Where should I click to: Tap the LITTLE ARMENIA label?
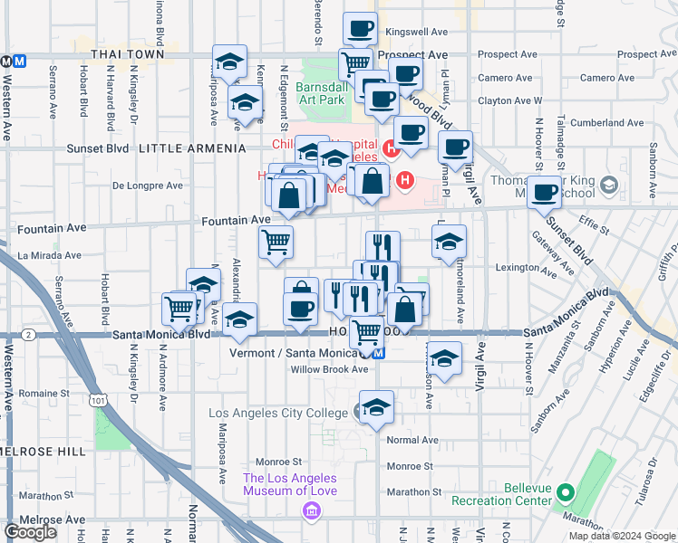click(192, 148)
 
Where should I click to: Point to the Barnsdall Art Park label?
click(322, 93)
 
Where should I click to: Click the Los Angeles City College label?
click(279, 414)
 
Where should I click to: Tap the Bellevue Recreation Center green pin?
click(566, 494)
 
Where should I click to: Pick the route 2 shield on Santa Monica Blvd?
click(30, 335)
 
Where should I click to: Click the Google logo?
click(31, 532)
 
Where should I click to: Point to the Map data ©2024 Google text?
click(622, 536)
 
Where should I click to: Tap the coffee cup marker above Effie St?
click(546, 193)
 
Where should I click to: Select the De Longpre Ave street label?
click(147, 186)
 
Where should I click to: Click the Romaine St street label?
click(44, 394)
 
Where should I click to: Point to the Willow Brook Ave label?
click(329, 369)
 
